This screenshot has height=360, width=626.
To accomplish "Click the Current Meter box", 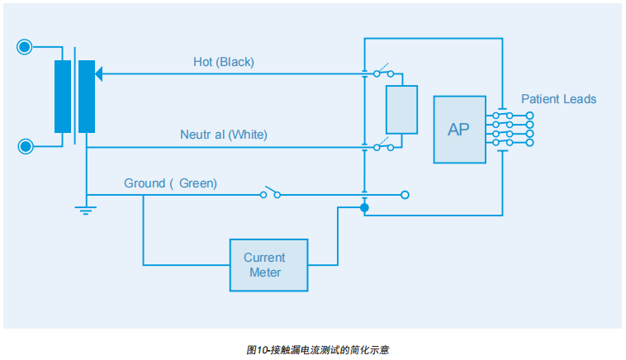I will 268,265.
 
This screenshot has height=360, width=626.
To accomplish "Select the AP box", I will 458,130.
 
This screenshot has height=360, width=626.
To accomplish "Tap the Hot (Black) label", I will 224,62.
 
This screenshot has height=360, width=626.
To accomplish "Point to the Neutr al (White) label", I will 224,134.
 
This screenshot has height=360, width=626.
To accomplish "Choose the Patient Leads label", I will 558,99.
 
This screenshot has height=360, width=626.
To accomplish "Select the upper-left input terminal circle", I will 26,47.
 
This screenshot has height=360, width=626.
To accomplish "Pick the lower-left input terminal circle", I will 26,147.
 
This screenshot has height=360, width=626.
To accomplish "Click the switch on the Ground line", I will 271,194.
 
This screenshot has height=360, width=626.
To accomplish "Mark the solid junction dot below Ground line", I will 364,207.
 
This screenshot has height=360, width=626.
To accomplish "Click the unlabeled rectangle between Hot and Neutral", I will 401,110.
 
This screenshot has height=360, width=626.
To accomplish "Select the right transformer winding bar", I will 86,97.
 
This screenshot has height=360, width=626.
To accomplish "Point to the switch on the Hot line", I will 383,72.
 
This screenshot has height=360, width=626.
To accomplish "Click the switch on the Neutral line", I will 383,147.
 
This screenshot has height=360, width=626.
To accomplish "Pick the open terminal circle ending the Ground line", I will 405,195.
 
